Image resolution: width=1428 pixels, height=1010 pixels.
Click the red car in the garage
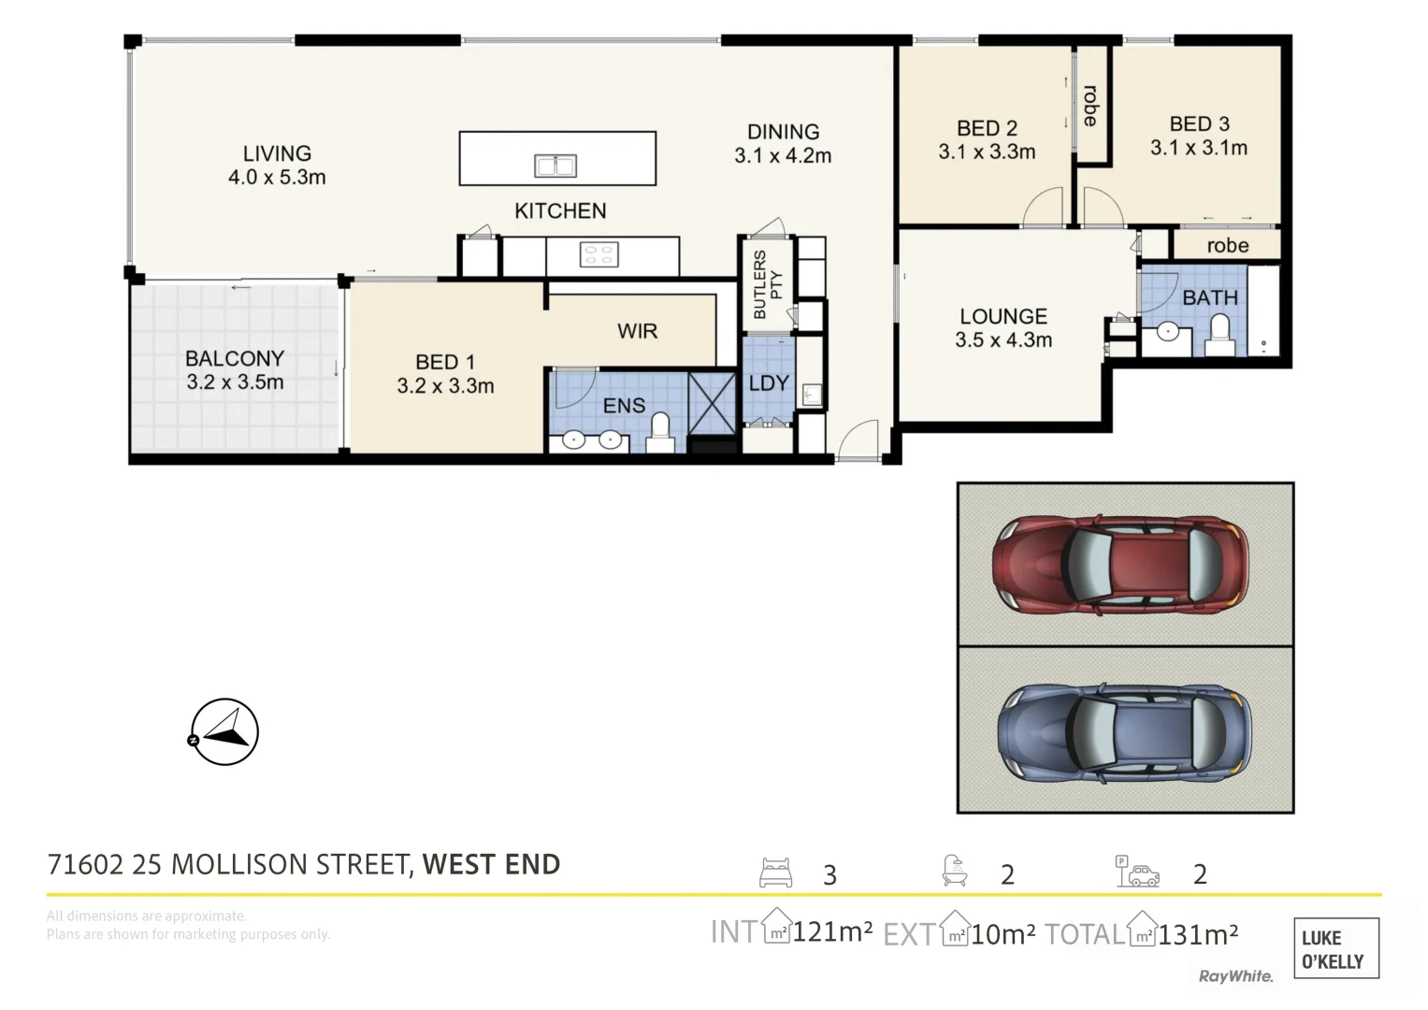1120,565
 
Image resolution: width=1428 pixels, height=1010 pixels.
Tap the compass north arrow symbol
224,732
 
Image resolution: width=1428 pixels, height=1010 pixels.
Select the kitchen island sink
555,166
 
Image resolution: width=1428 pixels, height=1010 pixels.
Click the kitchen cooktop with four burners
599,254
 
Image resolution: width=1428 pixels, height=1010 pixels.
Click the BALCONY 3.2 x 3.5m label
235,370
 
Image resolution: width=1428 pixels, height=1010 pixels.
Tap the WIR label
637,331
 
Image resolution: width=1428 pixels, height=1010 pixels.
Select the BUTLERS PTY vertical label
767,284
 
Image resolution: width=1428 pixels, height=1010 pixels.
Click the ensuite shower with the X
712,403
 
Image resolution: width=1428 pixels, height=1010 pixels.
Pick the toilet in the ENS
660,433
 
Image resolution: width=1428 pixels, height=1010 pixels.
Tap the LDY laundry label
769,382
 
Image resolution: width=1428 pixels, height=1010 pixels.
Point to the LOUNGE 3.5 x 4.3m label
1003,328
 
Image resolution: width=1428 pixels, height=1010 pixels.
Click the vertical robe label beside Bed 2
1090,106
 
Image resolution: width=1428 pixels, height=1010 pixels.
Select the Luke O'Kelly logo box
1335,948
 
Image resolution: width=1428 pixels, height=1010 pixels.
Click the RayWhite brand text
1235,976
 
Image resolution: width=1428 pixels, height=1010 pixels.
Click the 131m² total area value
1198,933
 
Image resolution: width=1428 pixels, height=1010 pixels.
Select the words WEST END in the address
491,864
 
